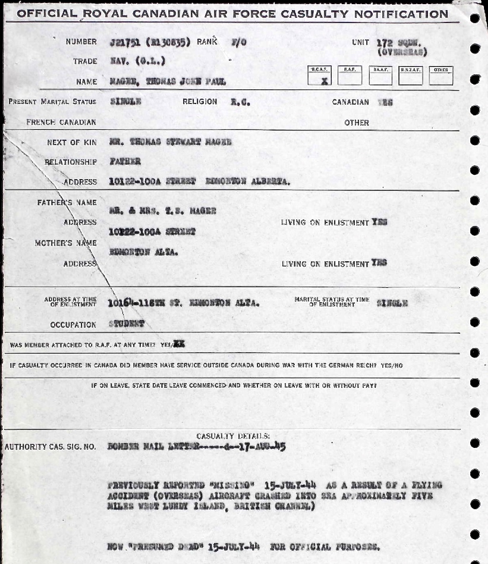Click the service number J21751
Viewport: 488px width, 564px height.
(125, 42)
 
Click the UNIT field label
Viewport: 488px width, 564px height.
(360, 42)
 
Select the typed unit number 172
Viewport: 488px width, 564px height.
(386, 43)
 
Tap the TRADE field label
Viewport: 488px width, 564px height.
(84, 61)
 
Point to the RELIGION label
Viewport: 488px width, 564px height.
(200, 102)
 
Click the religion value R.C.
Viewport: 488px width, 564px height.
(240, 102)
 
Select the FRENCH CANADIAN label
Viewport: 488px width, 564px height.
(61, 123)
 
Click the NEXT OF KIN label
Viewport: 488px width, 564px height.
(71, 142)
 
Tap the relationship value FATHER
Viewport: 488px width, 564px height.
(125, 161)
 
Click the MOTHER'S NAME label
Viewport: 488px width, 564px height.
(67, 242)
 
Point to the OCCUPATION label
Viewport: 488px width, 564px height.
(74, 325)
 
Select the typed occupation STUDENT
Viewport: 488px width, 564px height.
(127, 324)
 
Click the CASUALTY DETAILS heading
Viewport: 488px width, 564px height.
(233, 435)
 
